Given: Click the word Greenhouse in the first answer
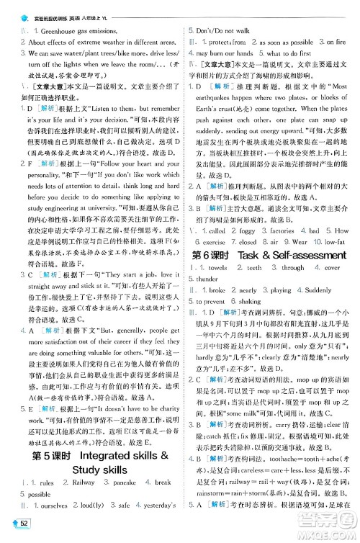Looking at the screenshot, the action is pos(55,31).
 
